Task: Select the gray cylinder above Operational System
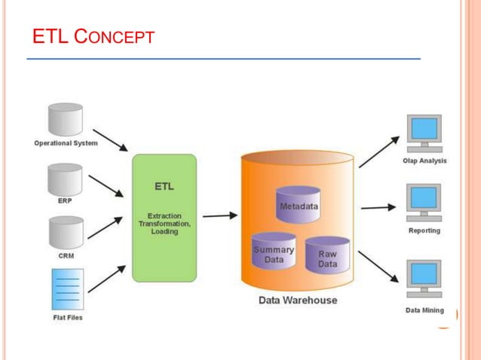click(x=65, y=119)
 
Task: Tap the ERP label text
click(x=66, y=201)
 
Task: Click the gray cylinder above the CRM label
click(x=65, y=233)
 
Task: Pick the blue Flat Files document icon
click(x=67, y=288)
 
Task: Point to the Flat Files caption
click(x=67, y=317)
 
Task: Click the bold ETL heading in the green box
click(x=164, y=186)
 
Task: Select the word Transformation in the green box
click(x=164, y=224)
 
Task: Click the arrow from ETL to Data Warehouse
click(x=219, y=216)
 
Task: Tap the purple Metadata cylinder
click(x=299, y=204)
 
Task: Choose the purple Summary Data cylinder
click(x=273, y=252)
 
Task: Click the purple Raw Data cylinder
click(x=327, y=255)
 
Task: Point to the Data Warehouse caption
click(x=298, y=300)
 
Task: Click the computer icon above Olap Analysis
click(x=424, y=134)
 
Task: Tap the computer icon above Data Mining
click(x=424, y=279)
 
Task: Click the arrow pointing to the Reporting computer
click(x=378, y=207)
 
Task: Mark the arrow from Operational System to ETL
click(x=110, y=139)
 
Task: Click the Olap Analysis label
click(x=424, y=160)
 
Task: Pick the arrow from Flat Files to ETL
click(x=106, y=279)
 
